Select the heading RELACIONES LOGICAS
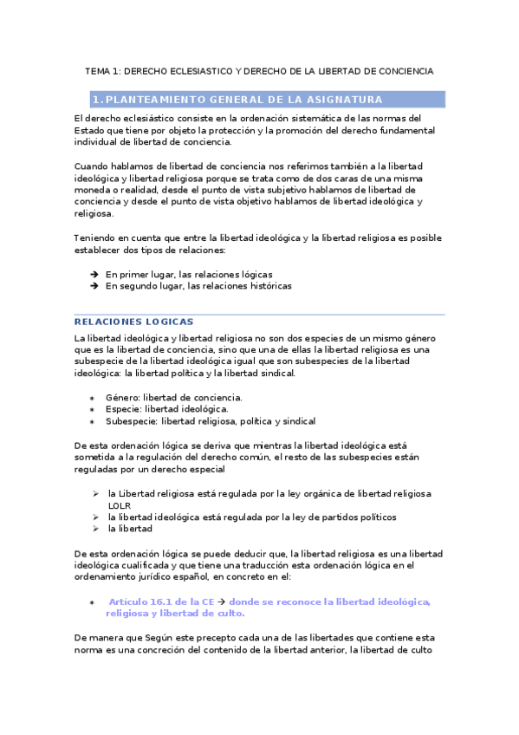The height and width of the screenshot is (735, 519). coord(134,322)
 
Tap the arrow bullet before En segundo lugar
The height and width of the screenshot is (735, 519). coord(93,285)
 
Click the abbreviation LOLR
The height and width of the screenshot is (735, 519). coord(120,505)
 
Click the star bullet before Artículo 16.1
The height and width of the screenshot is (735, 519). coord(93,602)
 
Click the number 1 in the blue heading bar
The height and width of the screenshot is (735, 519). coord(96,100)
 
